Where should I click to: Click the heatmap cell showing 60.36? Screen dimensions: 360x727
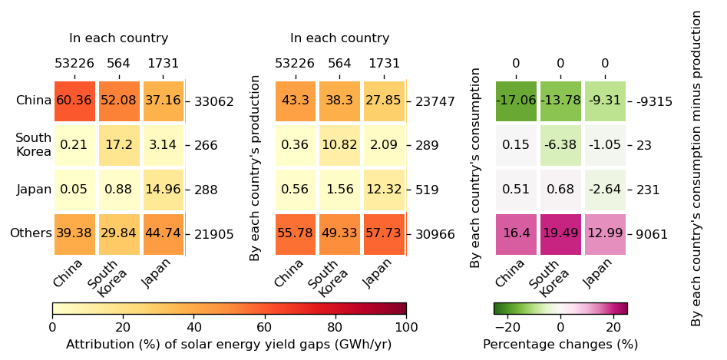tap(74, 101)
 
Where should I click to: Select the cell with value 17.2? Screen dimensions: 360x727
tap(119, 145)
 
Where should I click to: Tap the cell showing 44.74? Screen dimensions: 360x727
tap(164, 233)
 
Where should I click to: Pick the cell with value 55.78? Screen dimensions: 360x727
tap(296, 233)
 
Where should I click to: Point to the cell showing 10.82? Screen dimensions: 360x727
tap(340, 145)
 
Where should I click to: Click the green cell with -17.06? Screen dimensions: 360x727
tap(516, 101)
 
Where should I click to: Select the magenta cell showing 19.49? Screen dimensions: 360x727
tap(560, 233)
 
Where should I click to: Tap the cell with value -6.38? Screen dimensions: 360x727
tap(560, 145)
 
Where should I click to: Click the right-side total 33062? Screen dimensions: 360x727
tap(214, 101)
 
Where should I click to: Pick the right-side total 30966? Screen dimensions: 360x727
tap(435, 234)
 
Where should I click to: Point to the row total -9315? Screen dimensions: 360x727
tap(654, 101)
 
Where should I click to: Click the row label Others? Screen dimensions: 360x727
tap(31, 233)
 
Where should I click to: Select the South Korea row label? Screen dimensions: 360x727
tap(34, 145)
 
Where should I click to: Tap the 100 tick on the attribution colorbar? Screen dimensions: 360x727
tap(406, 327)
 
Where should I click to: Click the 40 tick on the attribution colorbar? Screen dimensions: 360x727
tap(193, 327)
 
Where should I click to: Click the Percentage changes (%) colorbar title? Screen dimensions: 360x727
tap(560, 345)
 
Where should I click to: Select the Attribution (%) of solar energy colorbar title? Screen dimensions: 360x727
tap(229, 345)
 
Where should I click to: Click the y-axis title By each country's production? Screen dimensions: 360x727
tap(256, 167)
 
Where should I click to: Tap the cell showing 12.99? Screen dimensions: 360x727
tap(605, 233)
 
